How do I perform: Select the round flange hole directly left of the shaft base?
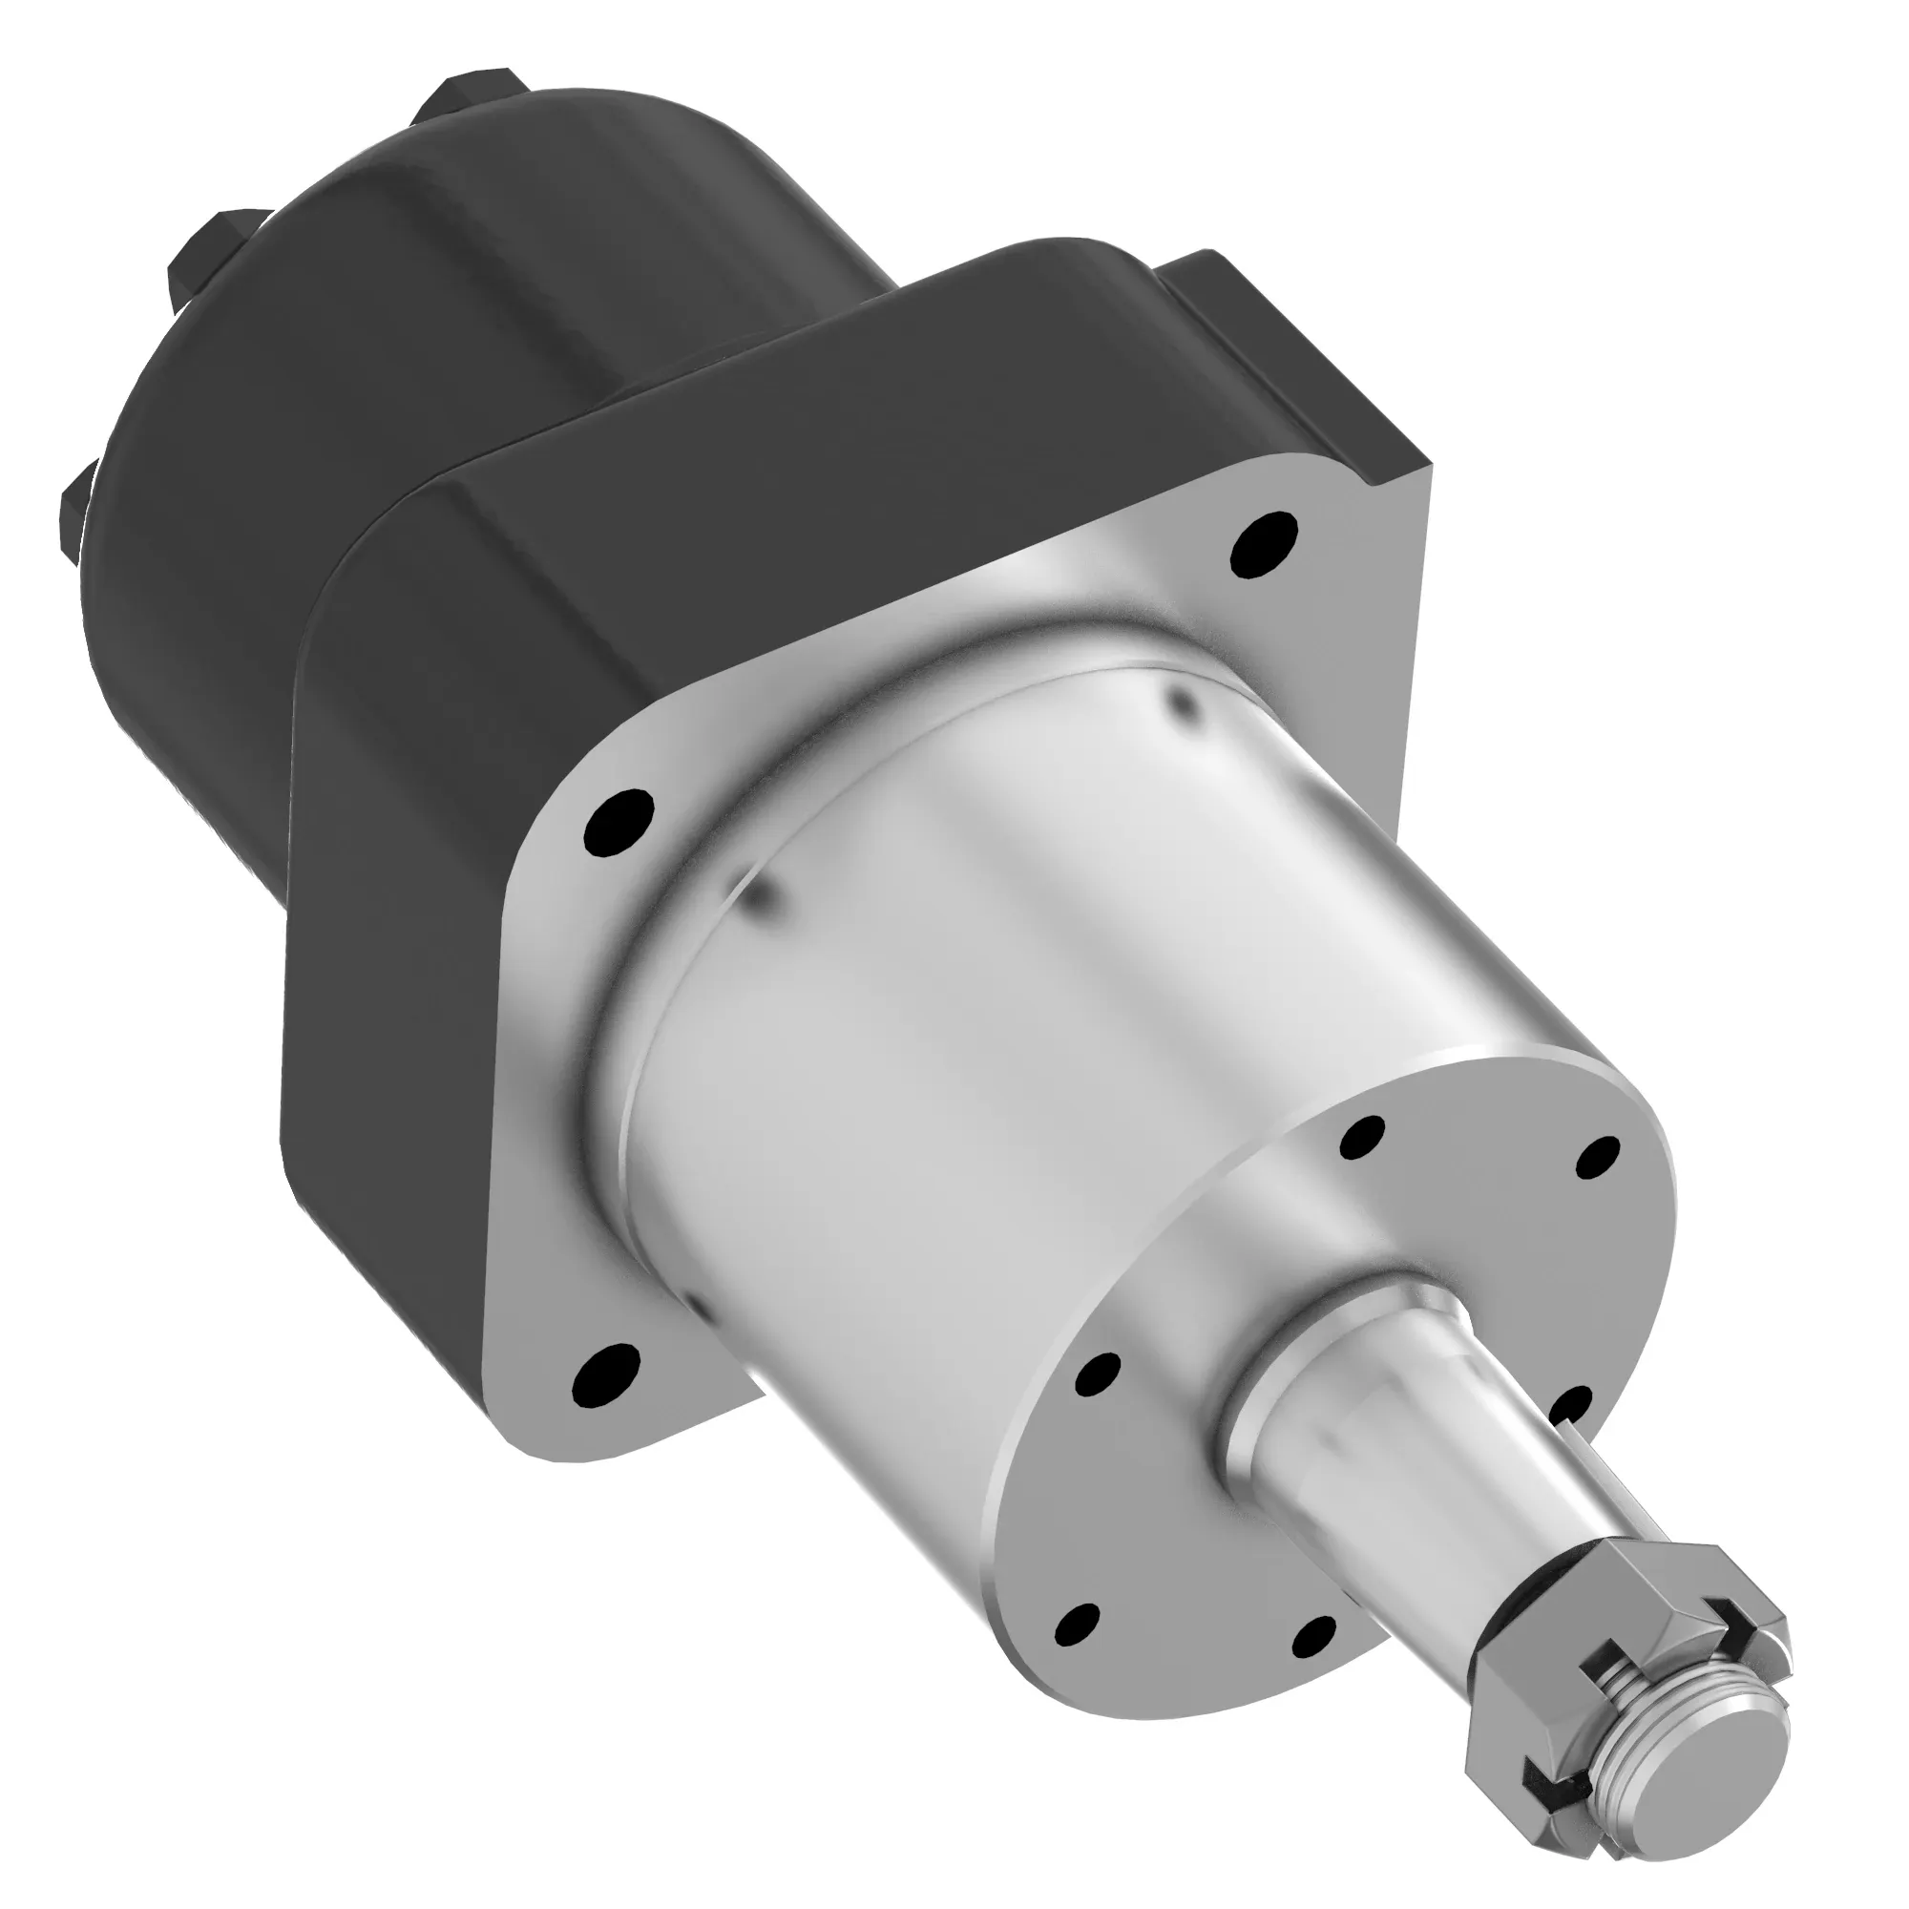(x=1097, y=1374)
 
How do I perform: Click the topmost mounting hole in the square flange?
(x=1266, y=539)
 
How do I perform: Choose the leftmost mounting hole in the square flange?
(x=619, y=822)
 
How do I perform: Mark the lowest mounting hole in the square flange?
(x=606, y=1373)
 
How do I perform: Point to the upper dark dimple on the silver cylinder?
(x=1182, y=703)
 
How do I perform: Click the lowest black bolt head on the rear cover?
(x=74, y=514)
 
